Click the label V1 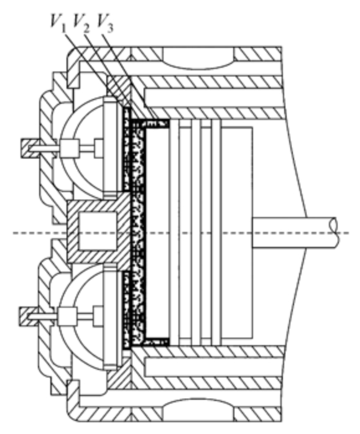pyautogui.click(x=58, y=22)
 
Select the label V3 pyautogui.click(x=105, y=22)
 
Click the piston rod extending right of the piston pyautogui.click(x=295, y=233)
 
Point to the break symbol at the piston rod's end pyautogui.click(x=335, y=233)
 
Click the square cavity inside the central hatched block pyautogui.click(x=98, y=231)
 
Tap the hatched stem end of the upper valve pyautogui.click(x=30, y=148)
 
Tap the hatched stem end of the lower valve pyautogui.click(x=29, y=316)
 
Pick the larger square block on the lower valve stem pyautogui.click(x=67, y=316)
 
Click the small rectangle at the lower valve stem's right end pyautogui.click(x=98, y=316)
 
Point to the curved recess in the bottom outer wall pyautogui.click(x=198, y=409)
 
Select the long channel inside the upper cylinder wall pyautogui.click(x=214, y=97)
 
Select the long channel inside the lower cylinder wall pyautogui.click(x=214, y=367)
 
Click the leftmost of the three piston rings pyautogui.click(x=174, y=233)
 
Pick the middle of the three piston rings pyautogui.click(x=196, y=233)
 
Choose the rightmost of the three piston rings pyautogui.click(x=216, y=233)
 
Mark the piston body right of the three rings pyautogui.click(x=237, y=233)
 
